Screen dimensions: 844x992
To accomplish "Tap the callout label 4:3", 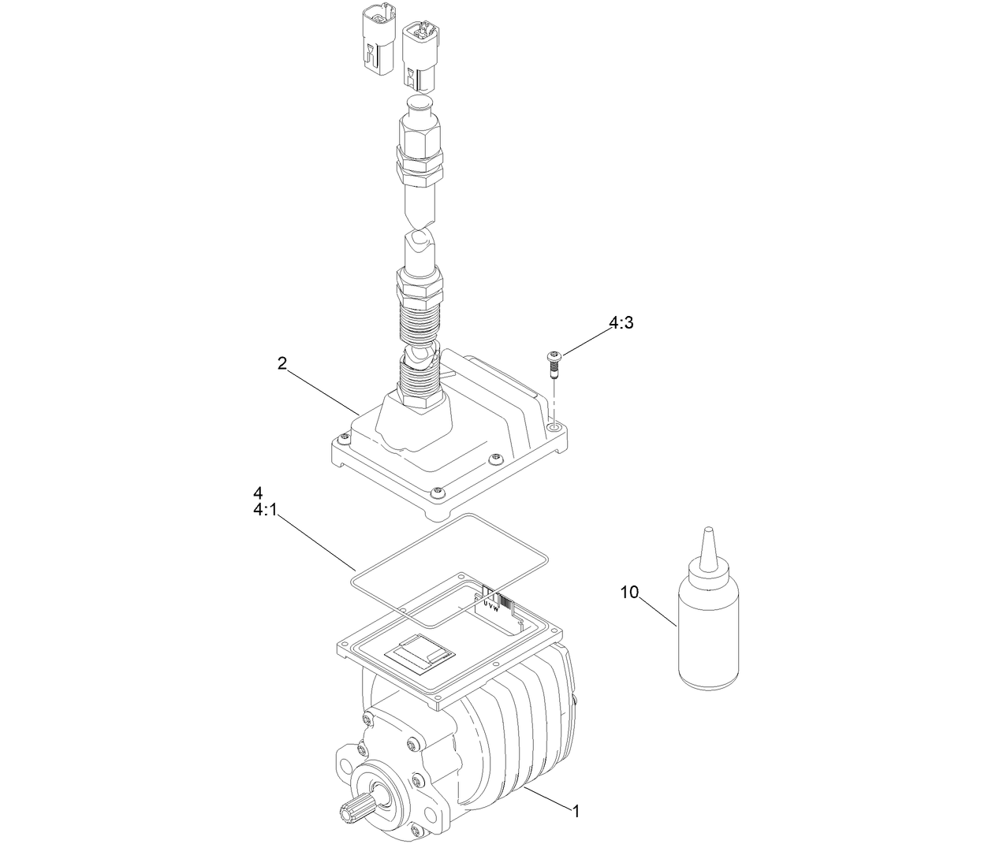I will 621,323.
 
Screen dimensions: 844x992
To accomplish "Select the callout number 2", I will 282,363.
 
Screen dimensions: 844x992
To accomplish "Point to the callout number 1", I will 576,810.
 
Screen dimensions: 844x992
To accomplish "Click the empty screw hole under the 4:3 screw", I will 554,426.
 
